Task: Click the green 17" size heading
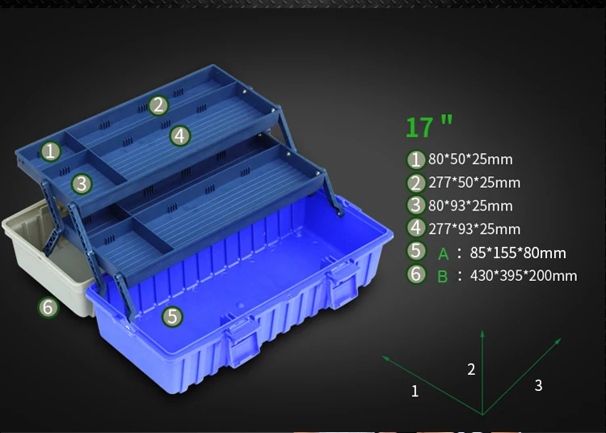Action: point(429,126)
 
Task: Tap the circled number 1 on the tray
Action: point(50,151)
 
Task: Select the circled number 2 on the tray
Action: point(158,105)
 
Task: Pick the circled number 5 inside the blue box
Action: point(172,316)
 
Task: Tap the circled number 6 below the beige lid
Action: point(48,308)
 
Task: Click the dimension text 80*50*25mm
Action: point(470,159)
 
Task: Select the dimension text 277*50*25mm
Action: point(474,183)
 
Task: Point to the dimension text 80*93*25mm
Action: point(470,206)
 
